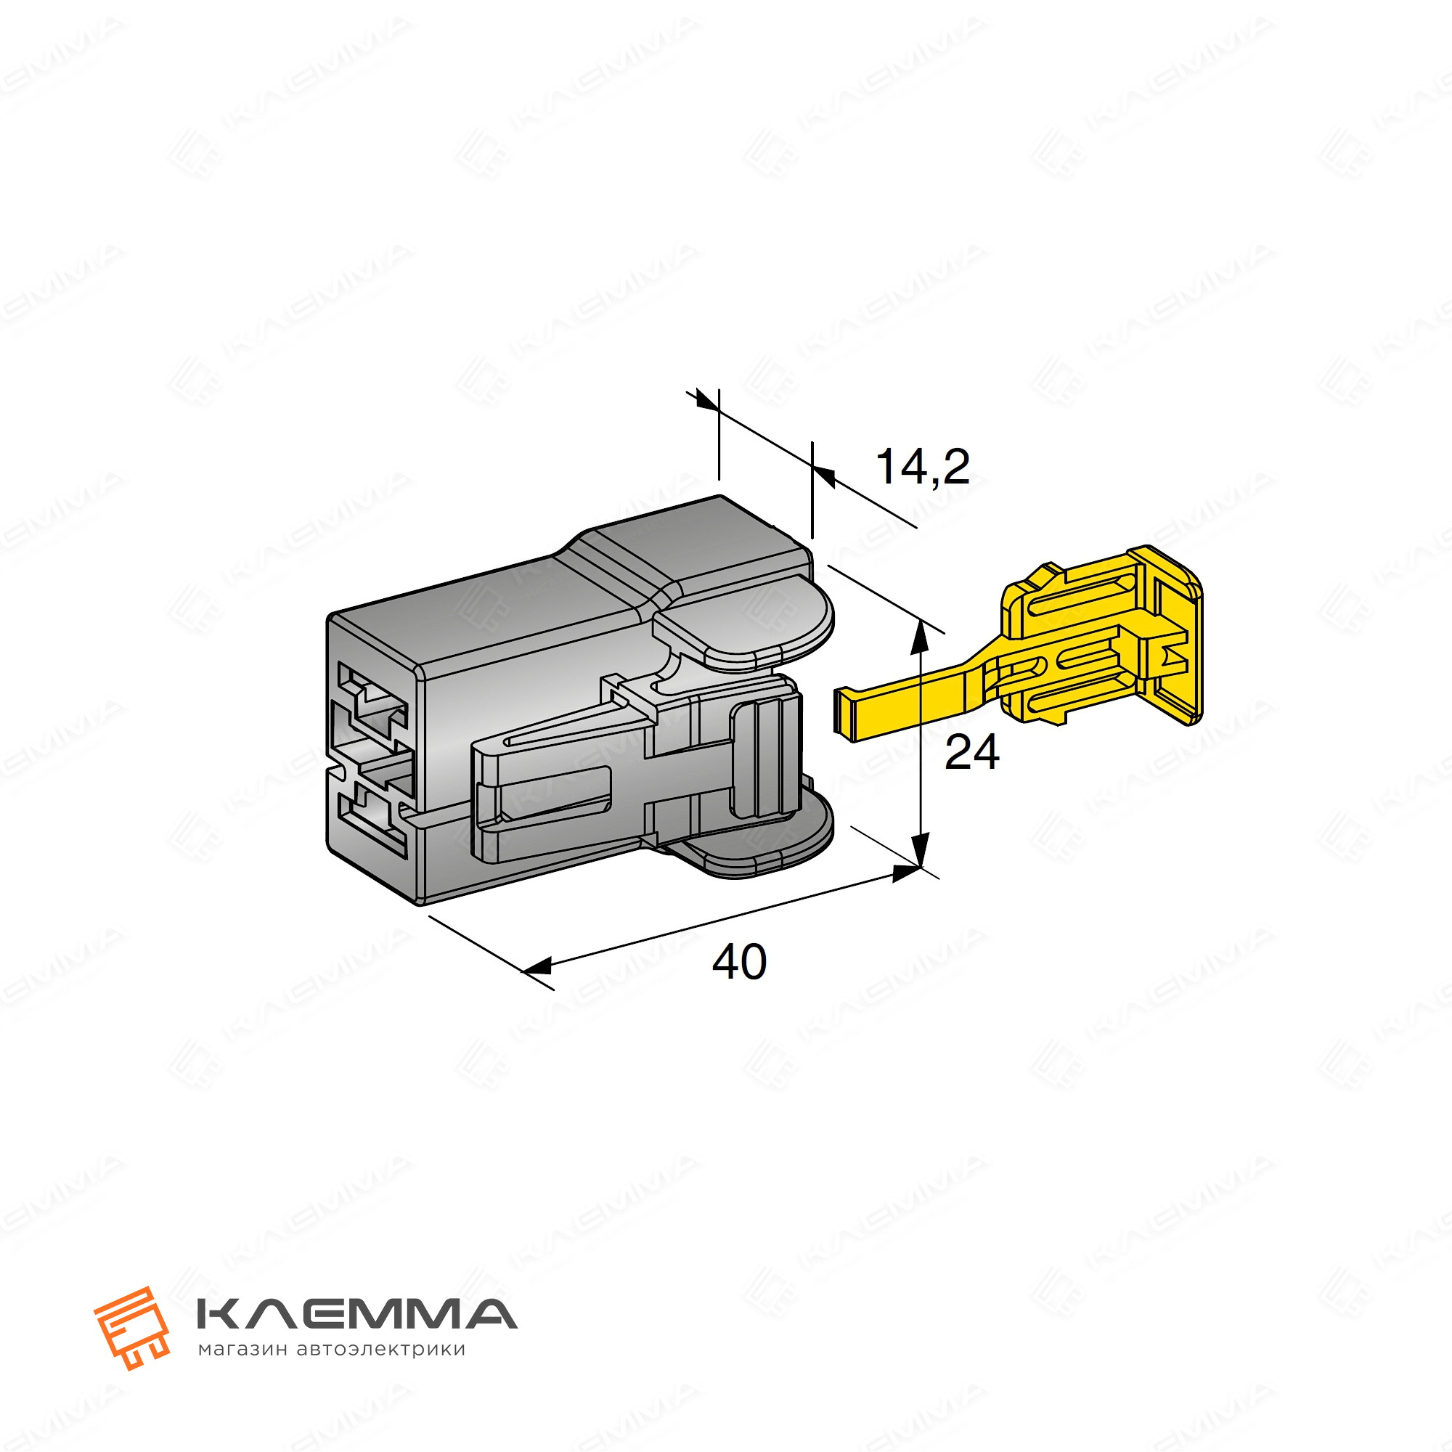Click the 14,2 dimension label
(923, 468)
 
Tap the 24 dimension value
(972, 752)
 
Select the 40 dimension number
(739, 962)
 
